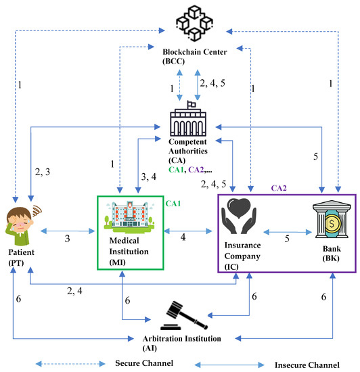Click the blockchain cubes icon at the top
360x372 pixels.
point(180,22)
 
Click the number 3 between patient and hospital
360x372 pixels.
point(66,239)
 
